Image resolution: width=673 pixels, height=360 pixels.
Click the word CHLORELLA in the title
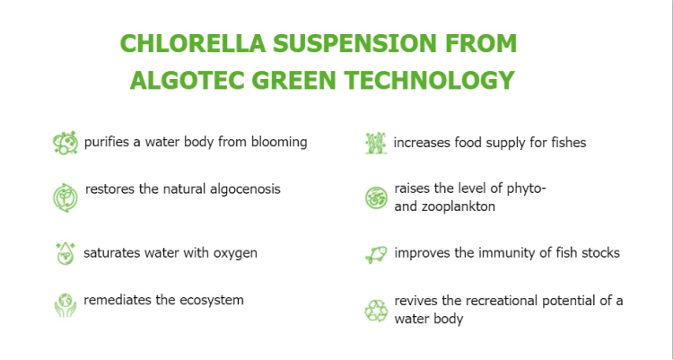(x=193, y=43)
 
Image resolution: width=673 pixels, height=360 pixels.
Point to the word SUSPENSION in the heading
(x=354, y=43)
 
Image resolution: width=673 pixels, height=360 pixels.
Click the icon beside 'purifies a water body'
(x=66, y=143)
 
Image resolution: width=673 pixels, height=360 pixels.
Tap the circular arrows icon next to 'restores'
(x=66, y=198)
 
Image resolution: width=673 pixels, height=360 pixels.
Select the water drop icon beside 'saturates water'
(x=66, y=253)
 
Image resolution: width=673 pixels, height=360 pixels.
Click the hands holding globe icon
(x=66, y=305)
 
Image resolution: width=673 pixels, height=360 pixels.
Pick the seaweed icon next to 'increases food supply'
(x=376, y=143)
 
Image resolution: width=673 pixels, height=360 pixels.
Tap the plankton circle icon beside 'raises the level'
(x=376, y=198)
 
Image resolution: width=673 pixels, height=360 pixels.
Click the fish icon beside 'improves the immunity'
(x=376, y=254)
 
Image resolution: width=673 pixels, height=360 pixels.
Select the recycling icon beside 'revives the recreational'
(x=376, y=310)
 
